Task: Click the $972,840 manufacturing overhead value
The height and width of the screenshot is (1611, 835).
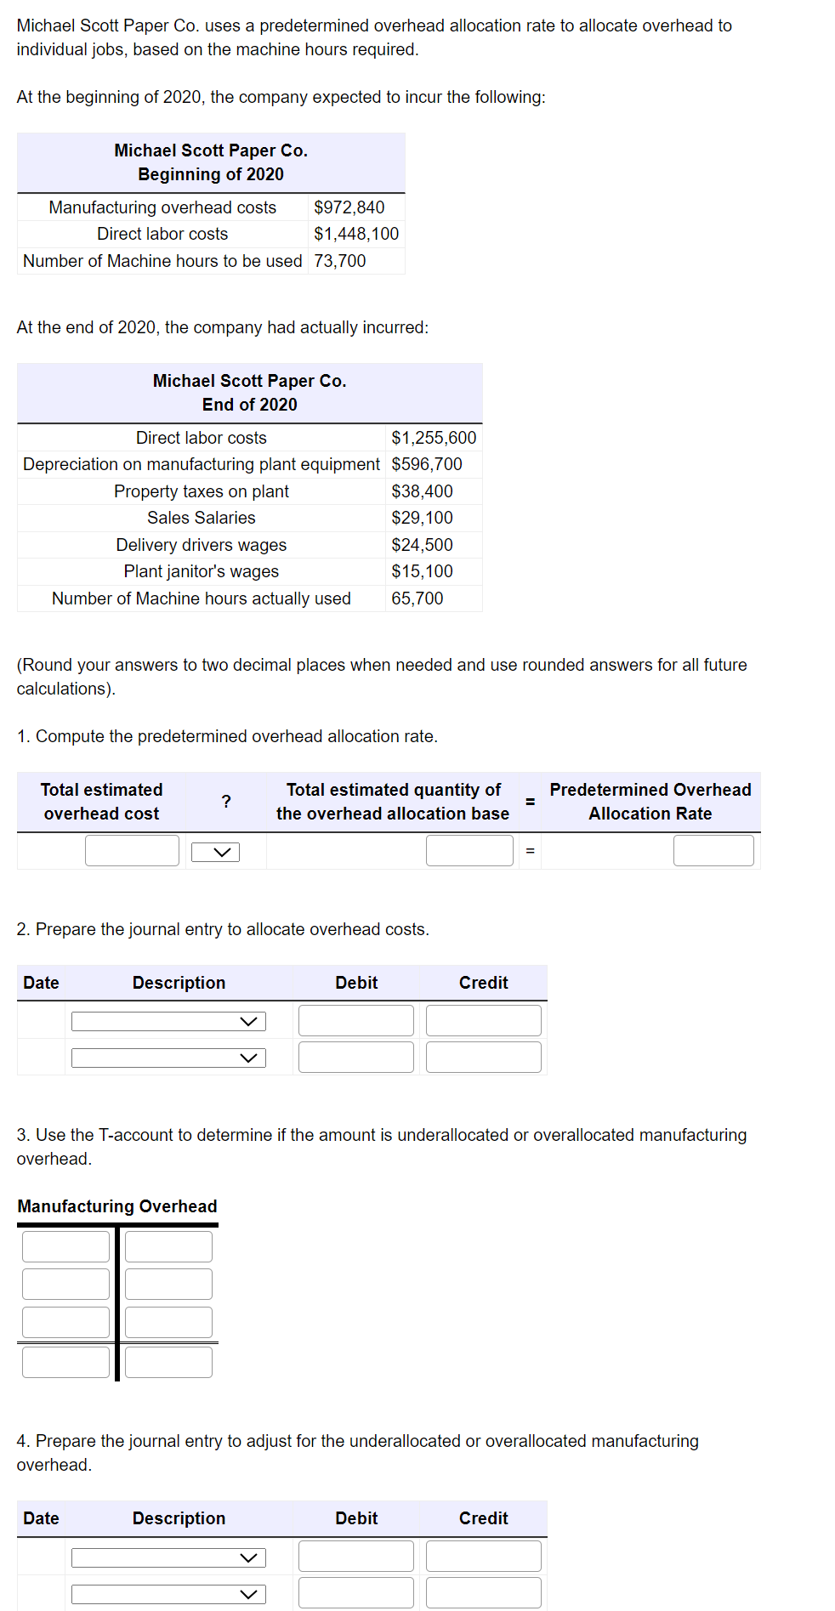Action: [x=349, y=207]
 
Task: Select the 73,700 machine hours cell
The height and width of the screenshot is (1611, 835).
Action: [x=339, y=261]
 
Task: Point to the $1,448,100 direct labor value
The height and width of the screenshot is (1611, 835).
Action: [x=355, y=234]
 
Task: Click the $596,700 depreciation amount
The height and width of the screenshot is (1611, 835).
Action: [x=426, y=464]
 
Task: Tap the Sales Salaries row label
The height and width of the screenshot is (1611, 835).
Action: [x=201, y=518]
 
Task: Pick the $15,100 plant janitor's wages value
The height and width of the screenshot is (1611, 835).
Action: [x=422, y=571]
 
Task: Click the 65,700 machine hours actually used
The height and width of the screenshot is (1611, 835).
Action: [x=417, y=598]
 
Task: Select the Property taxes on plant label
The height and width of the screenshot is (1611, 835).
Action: [x=201, y=491]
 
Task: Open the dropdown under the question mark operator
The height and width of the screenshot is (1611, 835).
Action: [x=215, y=852]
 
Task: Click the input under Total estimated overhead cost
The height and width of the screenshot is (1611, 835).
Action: [x=132, y=850]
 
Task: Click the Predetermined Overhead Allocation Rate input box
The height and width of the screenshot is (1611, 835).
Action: [x=713, y=850]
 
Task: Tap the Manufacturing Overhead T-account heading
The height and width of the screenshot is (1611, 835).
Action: [x=117, y=1206]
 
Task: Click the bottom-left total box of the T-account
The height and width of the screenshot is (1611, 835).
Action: [x=65, y=1362]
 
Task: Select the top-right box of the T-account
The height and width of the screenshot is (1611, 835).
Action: [x=168, y=1246]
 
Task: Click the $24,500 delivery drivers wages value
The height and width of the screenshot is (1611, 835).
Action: [x=422, y=545]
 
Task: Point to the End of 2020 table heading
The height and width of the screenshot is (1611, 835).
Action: [x=249, y=405]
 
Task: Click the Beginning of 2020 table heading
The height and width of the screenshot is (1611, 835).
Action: [x=211, y=174]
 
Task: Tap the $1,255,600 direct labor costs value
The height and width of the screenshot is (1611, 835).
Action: [x=434, y=438]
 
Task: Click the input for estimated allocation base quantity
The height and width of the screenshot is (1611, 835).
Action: [x=469, y=850]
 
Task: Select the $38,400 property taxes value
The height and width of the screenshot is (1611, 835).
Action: [x=422, y=491]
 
